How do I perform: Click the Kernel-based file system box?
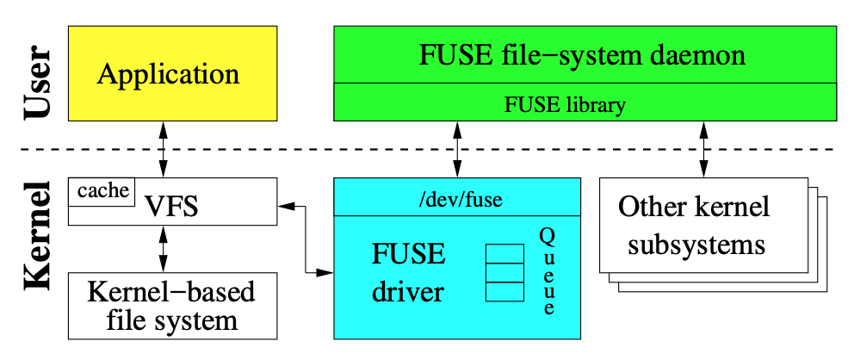click(x=172, y=306)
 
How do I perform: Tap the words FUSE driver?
click(x=408, y=273)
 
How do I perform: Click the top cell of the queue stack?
click(x=504, y=254)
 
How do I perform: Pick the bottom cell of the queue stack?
click(x=504, y=292)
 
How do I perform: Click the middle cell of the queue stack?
click(x=504, y=273)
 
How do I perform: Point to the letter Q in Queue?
click(x=548, y=235)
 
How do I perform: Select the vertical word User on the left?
click(x=37, y=84)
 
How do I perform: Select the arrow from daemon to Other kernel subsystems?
click(x=705, y=149)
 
